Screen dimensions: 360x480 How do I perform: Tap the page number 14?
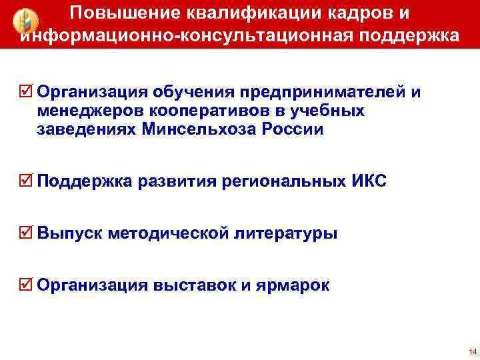(472, 351)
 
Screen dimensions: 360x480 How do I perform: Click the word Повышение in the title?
(114, 13)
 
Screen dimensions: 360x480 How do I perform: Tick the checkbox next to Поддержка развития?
(27, 181)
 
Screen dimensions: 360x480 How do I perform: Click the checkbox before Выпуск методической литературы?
(27, 233)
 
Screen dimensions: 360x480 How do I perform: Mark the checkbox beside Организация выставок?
(27, 286)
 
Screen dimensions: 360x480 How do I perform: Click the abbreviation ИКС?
(368, 181)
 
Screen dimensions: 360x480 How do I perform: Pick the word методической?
(169, 234)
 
